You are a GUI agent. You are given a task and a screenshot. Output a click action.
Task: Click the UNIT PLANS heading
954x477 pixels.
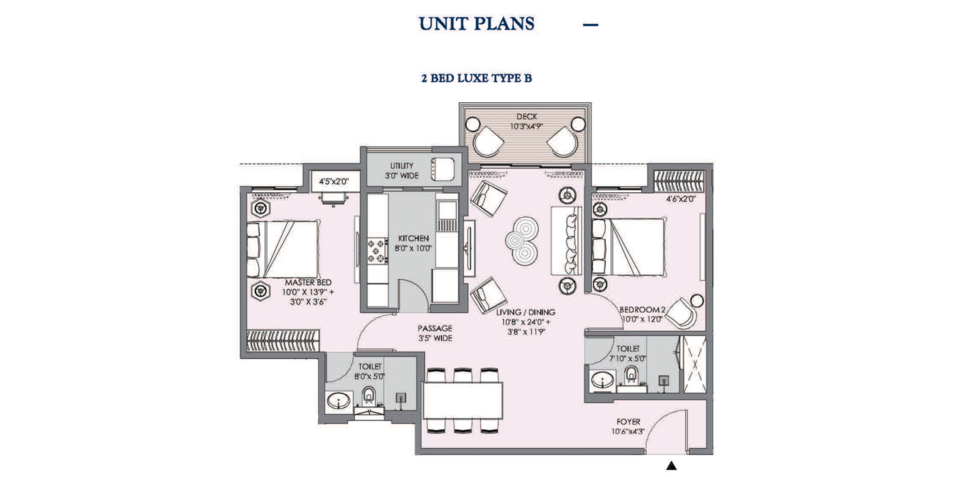[x=476, y=24]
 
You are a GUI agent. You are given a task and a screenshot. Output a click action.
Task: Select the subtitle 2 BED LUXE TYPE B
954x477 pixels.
[x=476, y=78]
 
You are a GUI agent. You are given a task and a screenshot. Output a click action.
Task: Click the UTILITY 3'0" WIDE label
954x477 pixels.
[x=401, y=170]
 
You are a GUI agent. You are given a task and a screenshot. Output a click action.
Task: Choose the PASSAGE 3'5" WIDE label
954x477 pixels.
[x=435, y=333]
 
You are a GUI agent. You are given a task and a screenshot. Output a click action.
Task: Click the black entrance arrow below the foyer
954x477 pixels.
[x=671, y=465]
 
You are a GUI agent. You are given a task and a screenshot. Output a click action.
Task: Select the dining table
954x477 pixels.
[x=463, y=400]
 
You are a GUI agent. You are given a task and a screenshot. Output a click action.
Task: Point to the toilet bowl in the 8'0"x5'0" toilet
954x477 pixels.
[x=369, y=395]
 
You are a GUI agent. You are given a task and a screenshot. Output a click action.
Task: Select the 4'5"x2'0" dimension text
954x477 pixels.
[x=334, y=181]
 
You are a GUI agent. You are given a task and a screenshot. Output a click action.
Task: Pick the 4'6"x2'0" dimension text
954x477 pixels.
[x=680, y=199]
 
